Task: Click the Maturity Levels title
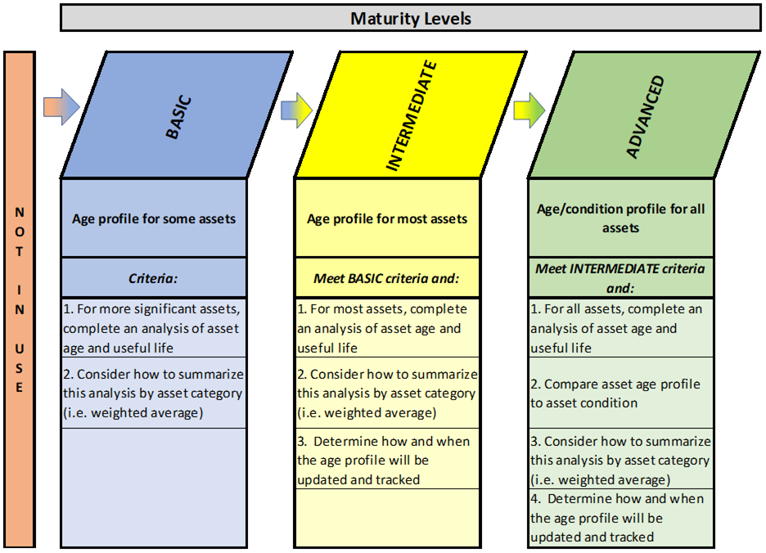410,19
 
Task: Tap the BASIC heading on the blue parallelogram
178,117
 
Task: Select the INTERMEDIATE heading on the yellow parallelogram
412,116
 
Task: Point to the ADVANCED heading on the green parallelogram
646,117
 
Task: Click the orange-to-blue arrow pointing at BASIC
61,107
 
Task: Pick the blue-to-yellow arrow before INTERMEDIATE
296,110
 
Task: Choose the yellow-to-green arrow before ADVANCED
529,110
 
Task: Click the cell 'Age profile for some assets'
154,218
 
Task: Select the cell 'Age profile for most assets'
387,218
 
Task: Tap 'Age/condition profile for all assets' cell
621,218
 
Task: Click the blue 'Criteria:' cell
154,278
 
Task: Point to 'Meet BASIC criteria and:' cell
387,278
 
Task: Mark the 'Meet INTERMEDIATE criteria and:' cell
621,278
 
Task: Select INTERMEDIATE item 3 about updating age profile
387,460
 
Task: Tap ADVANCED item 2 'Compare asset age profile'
621,393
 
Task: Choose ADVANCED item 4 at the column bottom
621,517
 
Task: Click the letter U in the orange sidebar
20,348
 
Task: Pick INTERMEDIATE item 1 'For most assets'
387,328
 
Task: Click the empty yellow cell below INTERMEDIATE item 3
387,517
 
